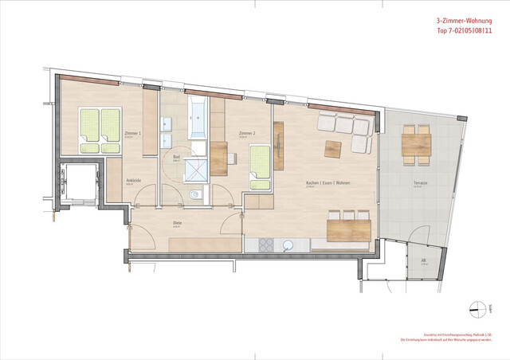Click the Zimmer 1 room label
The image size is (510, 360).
click(x=133, y=133)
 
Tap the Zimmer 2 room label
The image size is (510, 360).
click(x=245, y=133)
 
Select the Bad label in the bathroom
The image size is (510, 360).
click(x=177, y=157)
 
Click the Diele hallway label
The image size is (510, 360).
click(x=178, y=223)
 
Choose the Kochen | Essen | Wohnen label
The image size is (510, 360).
click(x=328, y=184)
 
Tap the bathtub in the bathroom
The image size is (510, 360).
click(x=198, y=116)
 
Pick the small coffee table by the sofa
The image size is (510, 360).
click(x=331, y=147)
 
